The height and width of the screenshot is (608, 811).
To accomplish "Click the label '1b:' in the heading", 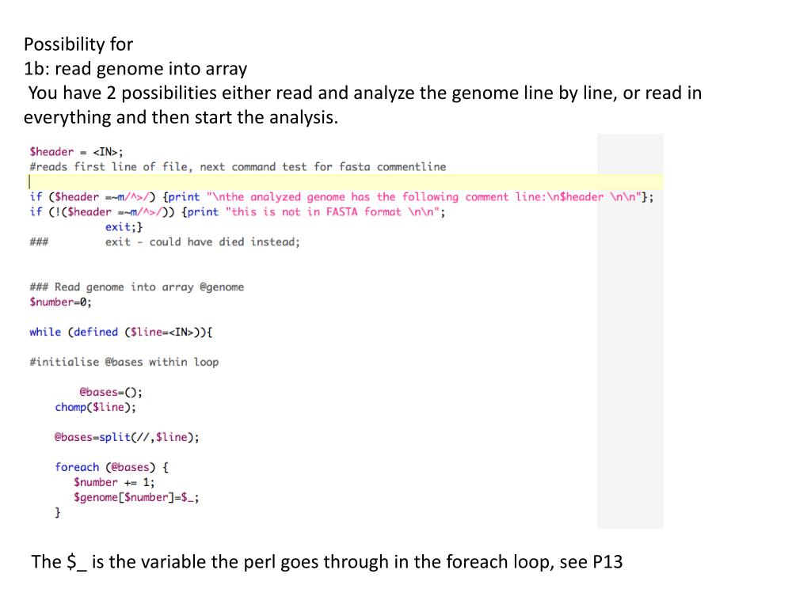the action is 36,69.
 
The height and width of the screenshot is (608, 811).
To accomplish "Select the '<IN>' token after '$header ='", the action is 108,151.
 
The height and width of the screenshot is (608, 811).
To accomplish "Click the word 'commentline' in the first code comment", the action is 411,167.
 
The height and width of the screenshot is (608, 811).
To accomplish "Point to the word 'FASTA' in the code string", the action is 341,212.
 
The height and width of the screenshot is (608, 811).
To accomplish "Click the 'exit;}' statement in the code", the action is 124,227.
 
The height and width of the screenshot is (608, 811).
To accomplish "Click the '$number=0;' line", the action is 60,302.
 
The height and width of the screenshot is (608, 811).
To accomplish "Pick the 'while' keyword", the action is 45,332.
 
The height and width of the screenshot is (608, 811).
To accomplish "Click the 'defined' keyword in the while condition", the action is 95,332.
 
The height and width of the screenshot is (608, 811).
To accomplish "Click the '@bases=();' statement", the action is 111,392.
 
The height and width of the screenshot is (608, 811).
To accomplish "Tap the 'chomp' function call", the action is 71,407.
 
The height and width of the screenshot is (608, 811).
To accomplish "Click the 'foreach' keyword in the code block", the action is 77,467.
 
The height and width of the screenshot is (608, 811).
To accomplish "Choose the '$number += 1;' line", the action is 114,482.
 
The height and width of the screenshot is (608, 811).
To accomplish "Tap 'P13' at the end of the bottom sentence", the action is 607,563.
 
